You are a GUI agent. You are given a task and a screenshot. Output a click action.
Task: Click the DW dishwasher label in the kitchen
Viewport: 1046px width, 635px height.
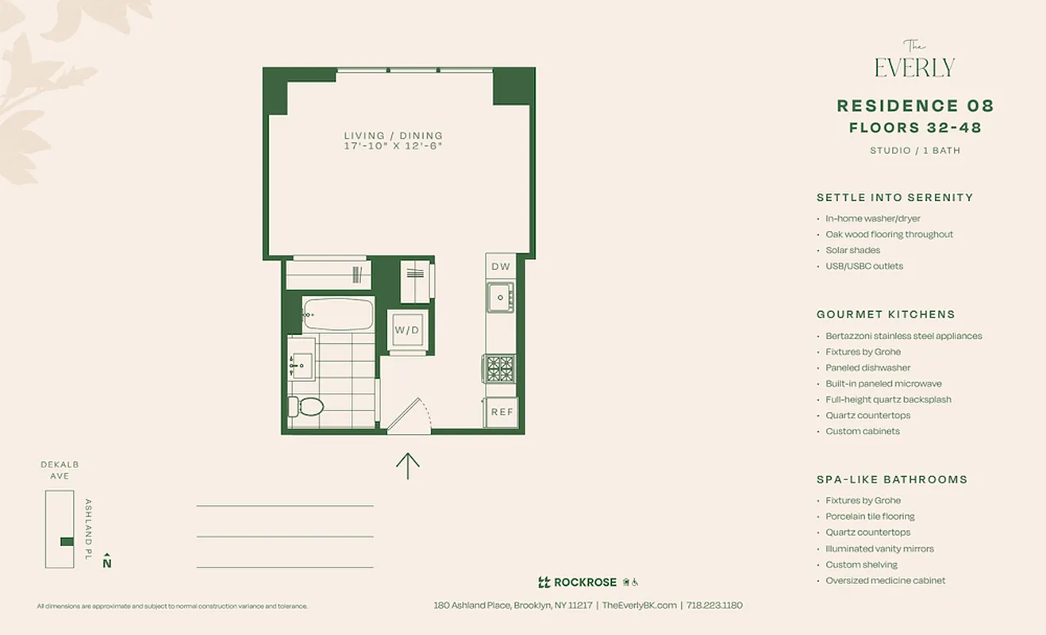pyautogui.click(x=500, y=267)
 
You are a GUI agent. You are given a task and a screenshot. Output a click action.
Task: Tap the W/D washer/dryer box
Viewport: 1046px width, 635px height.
pyautogui.click(x=407, y=330)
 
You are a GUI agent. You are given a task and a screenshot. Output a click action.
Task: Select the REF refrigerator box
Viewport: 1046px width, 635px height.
pyautogui.click(x=502, y=412)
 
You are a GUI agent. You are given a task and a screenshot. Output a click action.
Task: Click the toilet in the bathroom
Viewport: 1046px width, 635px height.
pyautogui.click(x=306, y=407)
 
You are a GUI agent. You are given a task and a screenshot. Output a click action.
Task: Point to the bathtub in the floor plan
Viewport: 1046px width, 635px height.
pyautogui.click(x=337, y=314)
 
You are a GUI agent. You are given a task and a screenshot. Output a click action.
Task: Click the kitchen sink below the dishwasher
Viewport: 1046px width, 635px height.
pyautogui.click(x=500, y=298)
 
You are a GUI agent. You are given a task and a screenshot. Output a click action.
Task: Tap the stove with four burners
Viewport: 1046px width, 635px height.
pyautogui.click(x=500, y=368)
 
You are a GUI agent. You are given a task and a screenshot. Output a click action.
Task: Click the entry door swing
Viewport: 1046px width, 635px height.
pyautogui.click(x=409, y=415)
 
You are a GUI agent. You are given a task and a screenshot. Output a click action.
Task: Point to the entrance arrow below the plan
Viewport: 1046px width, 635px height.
pyautogui.click(x=407, y=465)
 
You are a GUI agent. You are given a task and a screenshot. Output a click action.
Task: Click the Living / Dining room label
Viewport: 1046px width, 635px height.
pyautogui.click(x=393, y=136)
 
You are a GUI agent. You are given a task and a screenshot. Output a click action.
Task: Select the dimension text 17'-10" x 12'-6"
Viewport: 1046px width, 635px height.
pyautogui.click(x=393, y=147)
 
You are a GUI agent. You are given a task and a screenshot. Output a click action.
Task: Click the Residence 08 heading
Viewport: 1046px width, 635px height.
pyautogui.click(x=915, y=106)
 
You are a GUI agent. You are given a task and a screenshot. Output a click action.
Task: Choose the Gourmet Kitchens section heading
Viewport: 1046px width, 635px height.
pyautogui.click(x=886, y=314)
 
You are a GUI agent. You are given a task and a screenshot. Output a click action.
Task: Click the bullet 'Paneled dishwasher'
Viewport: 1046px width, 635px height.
pyautogui.click(x=867, y=368)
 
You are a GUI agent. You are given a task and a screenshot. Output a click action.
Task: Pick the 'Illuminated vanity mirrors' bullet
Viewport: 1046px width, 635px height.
pyautogui.click(x=879, y=548)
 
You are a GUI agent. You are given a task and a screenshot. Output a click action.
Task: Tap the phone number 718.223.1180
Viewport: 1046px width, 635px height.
pyautogui.click(x=714, y=605)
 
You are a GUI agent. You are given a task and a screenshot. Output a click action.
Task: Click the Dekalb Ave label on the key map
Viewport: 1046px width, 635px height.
pyautogui.click(x=60, y=470)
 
